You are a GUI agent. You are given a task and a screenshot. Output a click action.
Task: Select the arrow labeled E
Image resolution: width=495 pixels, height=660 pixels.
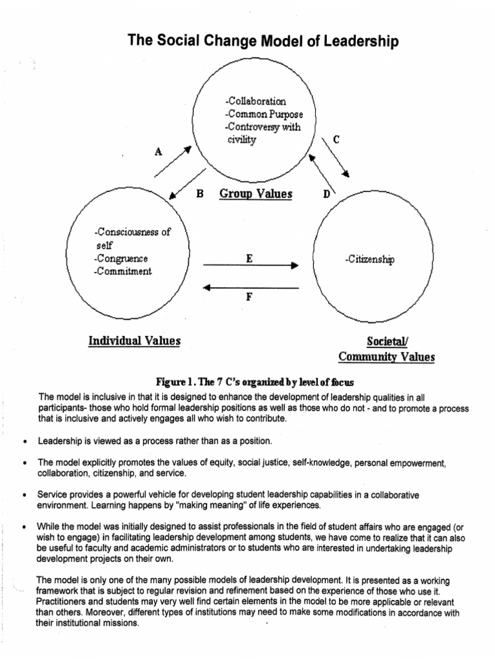[251, 264]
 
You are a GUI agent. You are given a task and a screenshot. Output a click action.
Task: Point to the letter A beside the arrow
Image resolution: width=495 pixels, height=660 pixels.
[159, 152]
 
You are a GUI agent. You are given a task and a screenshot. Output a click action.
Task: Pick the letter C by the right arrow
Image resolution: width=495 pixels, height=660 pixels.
[335, 139]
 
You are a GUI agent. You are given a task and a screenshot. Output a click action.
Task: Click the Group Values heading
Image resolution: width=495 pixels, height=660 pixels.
[256, 193]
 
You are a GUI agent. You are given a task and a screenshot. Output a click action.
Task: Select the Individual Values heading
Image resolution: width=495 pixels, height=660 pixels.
[134, 340]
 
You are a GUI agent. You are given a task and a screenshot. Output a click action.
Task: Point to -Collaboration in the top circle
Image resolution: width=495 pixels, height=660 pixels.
[256, 101]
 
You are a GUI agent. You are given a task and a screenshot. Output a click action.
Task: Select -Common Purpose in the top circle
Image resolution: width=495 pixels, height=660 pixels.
[264, 114]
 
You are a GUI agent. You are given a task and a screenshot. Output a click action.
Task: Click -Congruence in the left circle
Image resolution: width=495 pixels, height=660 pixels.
[121, 258]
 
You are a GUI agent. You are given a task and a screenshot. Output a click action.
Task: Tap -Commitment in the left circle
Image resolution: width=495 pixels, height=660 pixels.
[122, 271]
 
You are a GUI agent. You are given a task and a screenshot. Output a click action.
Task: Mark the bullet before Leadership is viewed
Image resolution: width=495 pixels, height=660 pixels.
[24, 442]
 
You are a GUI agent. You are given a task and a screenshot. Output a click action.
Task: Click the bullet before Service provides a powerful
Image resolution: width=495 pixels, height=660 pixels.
[24, 495]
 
